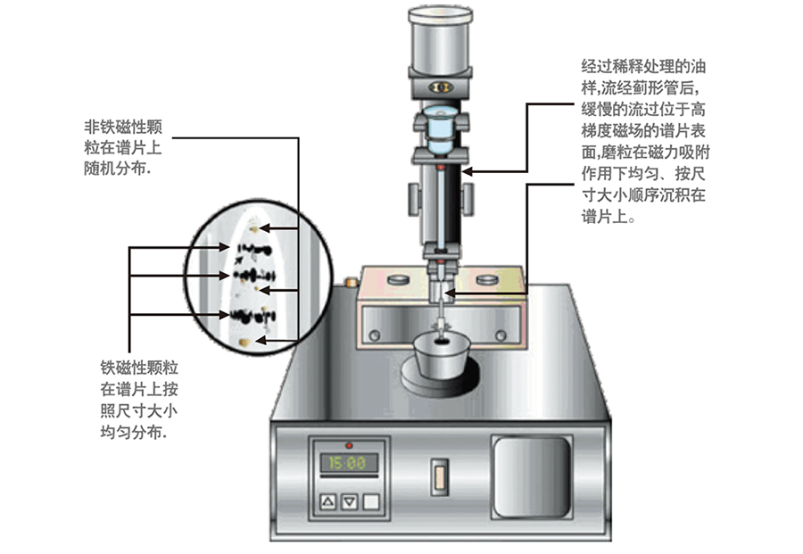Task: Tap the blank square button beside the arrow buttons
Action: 370,502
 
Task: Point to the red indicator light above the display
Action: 349,444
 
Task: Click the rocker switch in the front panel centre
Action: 438,475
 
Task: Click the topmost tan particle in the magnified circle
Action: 256,227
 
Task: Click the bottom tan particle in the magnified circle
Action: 247,341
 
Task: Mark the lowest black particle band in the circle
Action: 245,314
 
